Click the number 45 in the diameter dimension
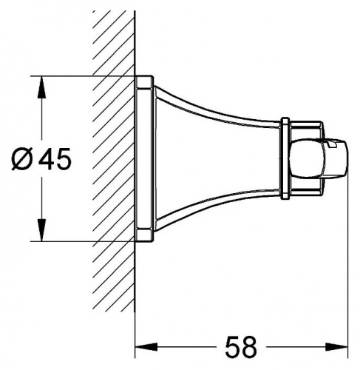[x=56, y=159]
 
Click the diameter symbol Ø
[x=22, y=159]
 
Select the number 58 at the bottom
[x=241, y=347]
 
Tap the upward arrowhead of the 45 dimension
[x=42, y=87]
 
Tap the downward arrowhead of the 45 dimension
[x=42, y=229]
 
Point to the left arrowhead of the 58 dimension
[x=146, y=347]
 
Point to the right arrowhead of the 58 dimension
[x=336, y=347]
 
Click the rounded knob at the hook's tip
[x=319, y=158]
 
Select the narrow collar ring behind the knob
[x=285, y=158]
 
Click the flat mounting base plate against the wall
[x=144, y=158]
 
